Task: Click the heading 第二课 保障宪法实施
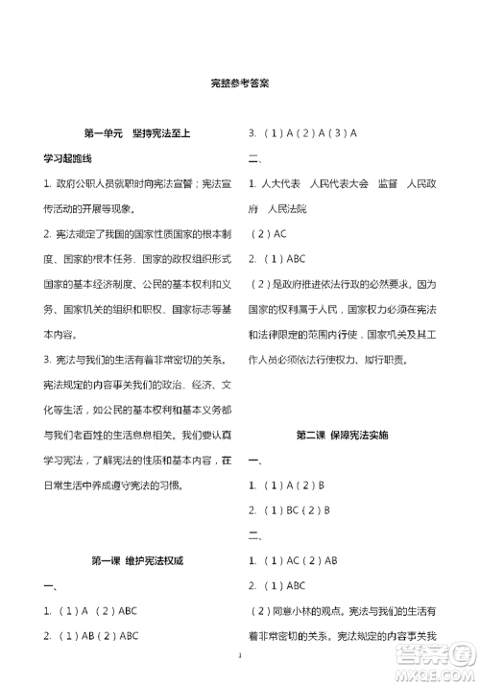343,435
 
